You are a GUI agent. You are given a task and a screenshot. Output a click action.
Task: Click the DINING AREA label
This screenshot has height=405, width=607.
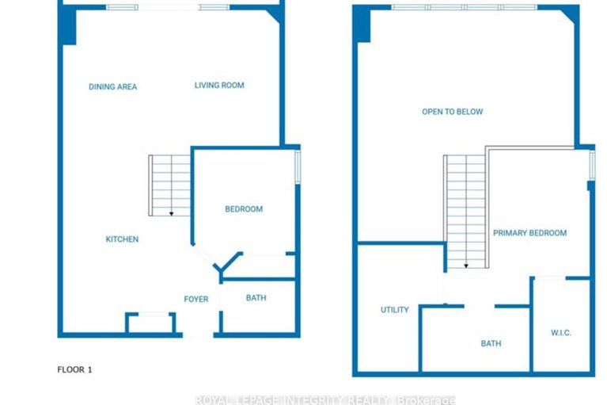112,87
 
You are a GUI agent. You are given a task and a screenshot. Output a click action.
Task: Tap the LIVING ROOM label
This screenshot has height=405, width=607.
219,86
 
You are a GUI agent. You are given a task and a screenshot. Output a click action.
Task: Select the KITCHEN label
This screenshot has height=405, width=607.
123,239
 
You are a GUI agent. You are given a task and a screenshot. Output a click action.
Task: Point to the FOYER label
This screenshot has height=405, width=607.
195,300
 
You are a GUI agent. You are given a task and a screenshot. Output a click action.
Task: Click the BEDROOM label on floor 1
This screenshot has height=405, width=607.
244,209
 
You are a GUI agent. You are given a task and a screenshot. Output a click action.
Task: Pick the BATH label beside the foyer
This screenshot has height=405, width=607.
256,299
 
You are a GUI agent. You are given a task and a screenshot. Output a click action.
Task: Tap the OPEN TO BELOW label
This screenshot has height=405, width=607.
452,112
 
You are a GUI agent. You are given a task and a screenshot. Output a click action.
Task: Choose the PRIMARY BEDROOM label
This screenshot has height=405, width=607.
529,233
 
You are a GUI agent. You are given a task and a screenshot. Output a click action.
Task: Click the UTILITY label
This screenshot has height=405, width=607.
394,310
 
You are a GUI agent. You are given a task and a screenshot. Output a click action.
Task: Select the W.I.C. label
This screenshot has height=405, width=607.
560,332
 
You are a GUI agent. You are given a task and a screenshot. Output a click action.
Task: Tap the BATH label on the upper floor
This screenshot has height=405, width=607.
491,344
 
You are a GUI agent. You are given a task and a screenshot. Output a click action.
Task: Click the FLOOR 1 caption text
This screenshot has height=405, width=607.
75,369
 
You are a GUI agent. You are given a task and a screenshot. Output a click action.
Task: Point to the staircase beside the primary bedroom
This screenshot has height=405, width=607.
465,210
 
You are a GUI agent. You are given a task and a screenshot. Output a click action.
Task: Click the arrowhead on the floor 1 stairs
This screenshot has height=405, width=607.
171,213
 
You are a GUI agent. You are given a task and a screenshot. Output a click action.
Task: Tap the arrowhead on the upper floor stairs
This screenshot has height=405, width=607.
466,266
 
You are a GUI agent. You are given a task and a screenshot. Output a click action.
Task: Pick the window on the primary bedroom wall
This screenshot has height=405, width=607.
592,165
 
